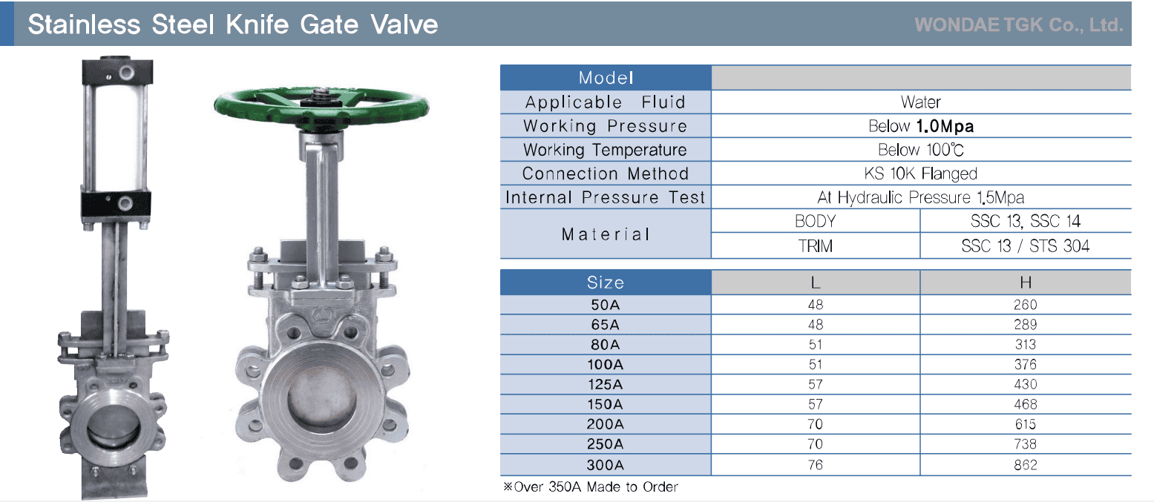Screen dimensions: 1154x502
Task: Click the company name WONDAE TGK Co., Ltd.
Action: pos(1018,24)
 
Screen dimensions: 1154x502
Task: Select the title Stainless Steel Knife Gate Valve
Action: pos(233,24)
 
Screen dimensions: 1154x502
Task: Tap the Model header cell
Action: pos(606,78)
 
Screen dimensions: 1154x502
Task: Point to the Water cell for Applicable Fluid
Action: pos(921,102)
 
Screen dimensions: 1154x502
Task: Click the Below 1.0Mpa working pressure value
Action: pos(921,126)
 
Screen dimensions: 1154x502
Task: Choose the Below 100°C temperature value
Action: pos(921,150)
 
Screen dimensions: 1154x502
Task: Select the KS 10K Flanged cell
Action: pos(921,174)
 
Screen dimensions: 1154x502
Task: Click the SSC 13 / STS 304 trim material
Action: pos(1025,246)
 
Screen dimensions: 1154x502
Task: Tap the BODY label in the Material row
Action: pos(815,221)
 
